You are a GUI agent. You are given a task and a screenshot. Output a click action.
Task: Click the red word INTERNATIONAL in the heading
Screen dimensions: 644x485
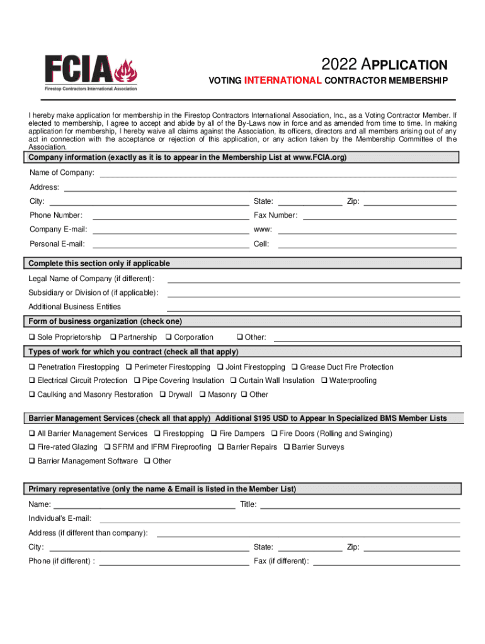[283, 80]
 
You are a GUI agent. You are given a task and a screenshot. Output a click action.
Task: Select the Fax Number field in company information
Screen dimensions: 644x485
[380, 215]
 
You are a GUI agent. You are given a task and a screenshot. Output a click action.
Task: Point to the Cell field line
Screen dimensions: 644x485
[367, 244]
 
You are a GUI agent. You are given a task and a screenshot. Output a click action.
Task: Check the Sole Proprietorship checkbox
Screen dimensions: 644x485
[31, 338]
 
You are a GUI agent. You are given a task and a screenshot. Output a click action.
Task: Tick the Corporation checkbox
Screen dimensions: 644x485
[168, 338]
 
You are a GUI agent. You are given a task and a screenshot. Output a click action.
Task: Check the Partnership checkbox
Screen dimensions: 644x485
[113, 338]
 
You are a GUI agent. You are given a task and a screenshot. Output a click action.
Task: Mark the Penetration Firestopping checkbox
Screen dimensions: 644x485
[31, 367]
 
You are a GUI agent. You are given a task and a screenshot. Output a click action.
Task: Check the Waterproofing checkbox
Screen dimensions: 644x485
[324, 380]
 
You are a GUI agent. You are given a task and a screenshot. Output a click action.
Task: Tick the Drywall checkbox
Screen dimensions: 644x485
[163, 395]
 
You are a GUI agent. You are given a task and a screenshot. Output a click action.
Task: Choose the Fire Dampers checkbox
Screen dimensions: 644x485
[214, 434]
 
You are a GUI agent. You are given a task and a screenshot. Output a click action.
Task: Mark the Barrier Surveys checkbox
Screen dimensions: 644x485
[287, 447]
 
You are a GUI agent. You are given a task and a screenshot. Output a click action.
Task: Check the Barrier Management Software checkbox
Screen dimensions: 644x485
[31, 462]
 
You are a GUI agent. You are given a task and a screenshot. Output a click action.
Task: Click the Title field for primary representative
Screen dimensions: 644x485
[360, 504]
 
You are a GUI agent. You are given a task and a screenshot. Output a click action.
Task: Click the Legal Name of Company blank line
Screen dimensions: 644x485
[313, 279]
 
